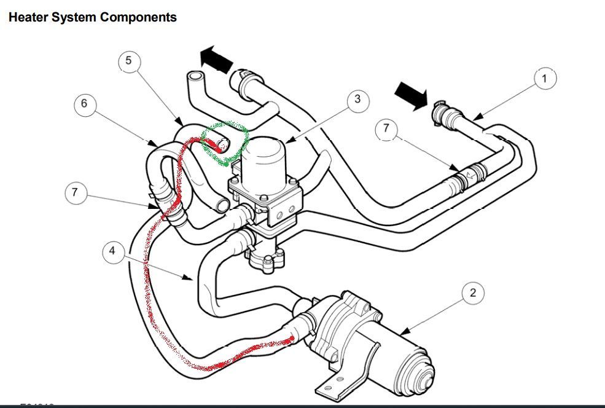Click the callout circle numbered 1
544,79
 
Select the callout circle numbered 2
472,292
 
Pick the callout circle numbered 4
112,251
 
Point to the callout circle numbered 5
128,60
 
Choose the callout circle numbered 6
84,104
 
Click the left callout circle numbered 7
74,192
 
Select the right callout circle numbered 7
386,128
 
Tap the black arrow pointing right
410,95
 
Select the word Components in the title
138,17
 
